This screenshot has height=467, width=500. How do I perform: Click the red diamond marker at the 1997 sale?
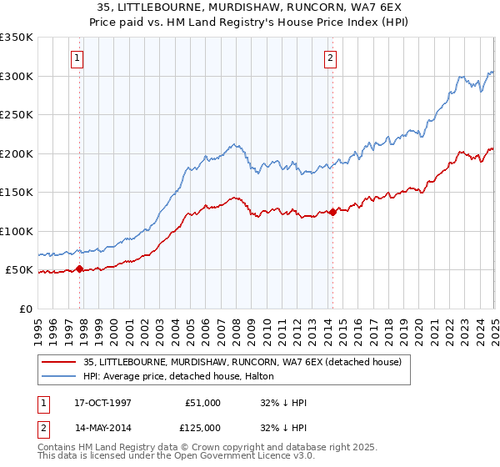(x=80, y=269)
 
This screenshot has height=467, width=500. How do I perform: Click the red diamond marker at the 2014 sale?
(x=332, y=212)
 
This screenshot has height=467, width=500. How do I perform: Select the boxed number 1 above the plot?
(x=77, y=58)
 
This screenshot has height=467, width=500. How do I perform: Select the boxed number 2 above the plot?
(x=331, y=58)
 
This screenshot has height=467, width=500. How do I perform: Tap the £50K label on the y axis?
(x=19, y=270)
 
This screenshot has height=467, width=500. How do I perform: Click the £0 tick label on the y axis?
(x=27, y=309)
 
